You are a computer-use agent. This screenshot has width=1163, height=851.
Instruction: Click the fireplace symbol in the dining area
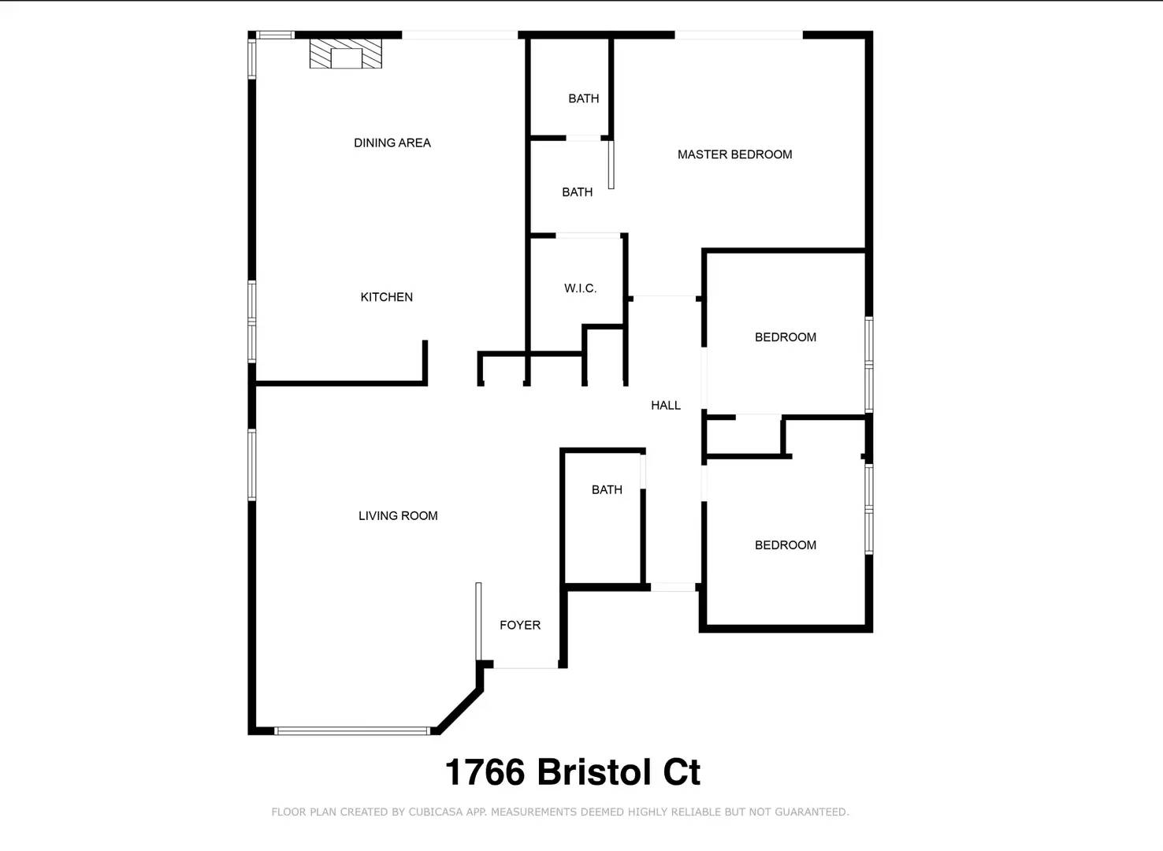346,54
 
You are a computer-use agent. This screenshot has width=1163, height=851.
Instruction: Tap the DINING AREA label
392,143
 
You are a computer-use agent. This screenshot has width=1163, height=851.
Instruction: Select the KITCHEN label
386,297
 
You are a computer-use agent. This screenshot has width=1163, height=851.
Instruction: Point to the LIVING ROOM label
398,515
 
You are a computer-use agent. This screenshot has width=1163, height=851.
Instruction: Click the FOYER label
520,625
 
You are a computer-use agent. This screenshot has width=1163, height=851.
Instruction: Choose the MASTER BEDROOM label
734,154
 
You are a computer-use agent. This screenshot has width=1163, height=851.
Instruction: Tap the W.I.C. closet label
580,288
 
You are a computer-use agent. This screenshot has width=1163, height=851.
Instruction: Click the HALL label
666,405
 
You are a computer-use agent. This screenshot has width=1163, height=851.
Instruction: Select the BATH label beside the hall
607,489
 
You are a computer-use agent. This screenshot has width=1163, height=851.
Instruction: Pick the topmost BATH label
584,98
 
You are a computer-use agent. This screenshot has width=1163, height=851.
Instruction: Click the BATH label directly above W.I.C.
577,192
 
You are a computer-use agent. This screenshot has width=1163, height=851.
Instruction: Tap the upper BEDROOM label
785,337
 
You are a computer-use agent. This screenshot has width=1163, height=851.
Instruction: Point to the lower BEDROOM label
785,544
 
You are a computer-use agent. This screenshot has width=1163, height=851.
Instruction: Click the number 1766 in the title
485,772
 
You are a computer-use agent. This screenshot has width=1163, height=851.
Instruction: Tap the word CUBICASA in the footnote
435,812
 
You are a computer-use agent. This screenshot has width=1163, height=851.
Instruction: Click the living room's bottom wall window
352,730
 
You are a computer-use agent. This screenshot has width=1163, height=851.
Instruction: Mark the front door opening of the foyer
526,664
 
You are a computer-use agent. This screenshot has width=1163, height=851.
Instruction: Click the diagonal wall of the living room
459,710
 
